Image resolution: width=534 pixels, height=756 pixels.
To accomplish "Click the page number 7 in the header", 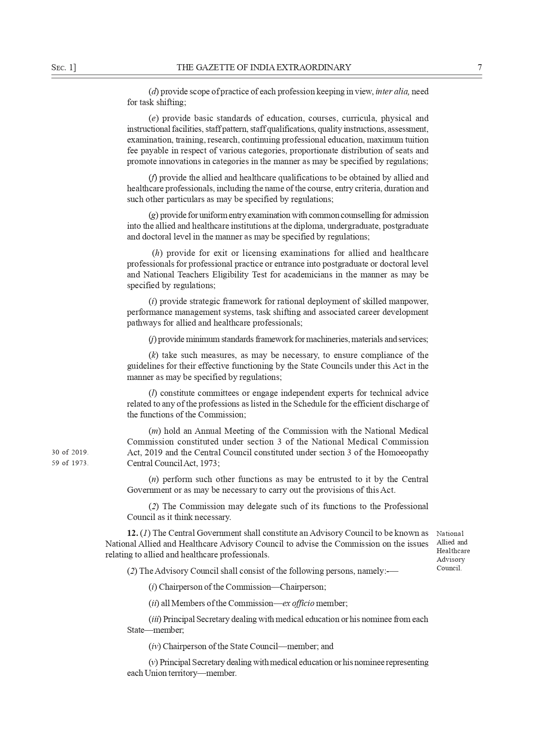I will tap(479, 67).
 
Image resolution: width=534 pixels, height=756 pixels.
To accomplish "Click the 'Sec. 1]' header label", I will tap(63, 67).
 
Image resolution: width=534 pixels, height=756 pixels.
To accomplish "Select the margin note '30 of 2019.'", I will tap(70, 452).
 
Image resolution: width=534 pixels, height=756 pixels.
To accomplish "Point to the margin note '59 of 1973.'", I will tap(70, 463).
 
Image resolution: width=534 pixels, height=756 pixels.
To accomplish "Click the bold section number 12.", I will tap(132, 533).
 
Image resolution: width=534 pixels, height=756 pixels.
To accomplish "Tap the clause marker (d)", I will tap(153, 91).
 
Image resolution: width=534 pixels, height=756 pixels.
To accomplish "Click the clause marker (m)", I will tap(154, 431).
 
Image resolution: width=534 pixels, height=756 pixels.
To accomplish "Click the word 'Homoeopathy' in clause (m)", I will tap(403, 452).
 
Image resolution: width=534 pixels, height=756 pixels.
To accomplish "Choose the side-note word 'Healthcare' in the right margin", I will tap(453, 551).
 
